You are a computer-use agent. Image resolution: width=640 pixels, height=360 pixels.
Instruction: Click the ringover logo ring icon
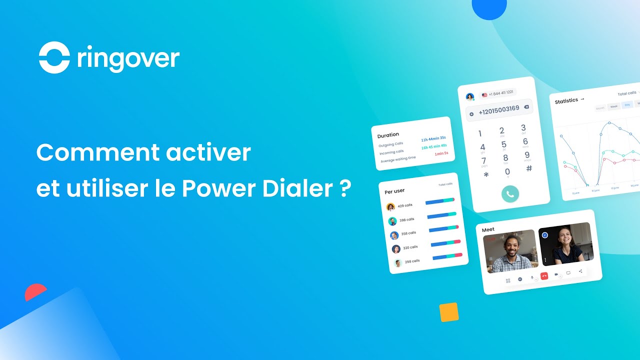[54, 58]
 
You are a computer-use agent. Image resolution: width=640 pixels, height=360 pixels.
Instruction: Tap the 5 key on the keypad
[504, 145]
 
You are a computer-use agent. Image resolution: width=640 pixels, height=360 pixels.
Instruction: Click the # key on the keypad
[529, 168]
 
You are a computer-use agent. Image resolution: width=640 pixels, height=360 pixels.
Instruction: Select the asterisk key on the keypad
[486, 175]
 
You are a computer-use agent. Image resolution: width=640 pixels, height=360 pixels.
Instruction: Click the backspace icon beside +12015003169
[526, 107]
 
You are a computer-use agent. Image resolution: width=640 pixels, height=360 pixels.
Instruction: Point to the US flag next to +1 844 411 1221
[484, 94]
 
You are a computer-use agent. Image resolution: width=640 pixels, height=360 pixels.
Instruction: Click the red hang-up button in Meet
[544, 275]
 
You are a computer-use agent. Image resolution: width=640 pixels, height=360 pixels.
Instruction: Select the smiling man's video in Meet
[510, 252]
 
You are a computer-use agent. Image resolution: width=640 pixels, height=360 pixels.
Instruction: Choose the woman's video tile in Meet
[566, 243]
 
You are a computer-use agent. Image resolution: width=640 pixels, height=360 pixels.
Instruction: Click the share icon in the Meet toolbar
[580, 271]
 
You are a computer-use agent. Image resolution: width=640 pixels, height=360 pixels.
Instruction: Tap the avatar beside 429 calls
[390, 206]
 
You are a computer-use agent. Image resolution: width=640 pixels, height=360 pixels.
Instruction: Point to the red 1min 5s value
[441, 153]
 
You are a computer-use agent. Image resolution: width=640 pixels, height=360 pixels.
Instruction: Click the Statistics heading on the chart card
[567, 101]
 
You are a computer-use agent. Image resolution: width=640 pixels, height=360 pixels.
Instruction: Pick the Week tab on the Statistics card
[613, 106]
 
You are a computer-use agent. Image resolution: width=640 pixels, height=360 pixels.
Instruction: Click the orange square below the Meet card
[449, 312]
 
